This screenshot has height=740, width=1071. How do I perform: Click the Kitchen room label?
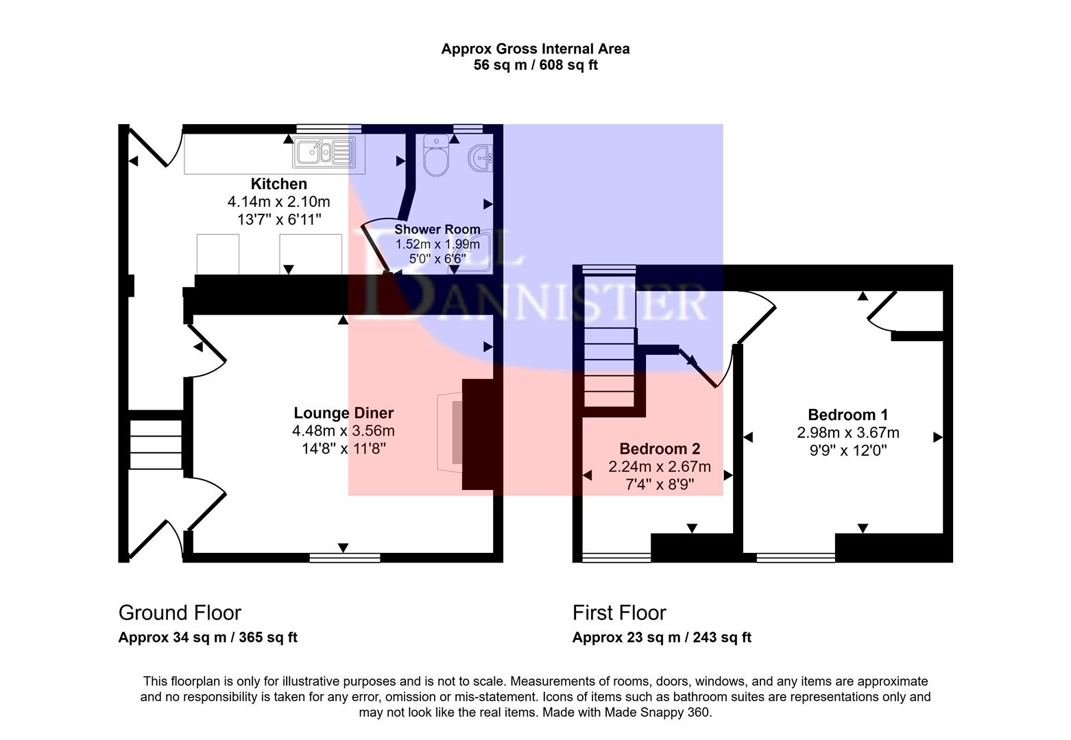click(278, 184)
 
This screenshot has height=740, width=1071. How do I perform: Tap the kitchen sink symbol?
click(322, 151)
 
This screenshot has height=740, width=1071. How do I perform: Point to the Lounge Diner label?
click(344, 413)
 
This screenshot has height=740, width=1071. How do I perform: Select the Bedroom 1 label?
click(847, 415)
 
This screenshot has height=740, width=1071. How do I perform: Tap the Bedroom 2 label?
click(660, 449)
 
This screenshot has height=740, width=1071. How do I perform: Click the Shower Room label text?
click(437, 230)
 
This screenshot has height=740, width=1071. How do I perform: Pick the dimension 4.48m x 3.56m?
click(344, 431)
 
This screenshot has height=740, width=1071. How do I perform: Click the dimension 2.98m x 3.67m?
click(847, 433)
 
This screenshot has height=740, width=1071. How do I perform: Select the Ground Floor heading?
click(180, 613)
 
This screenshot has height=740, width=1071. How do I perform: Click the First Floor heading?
click(619, 613)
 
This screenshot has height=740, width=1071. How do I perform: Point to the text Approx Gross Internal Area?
click(535, 49)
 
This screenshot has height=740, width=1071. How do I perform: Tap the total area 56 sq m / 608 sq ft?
click(535, 66)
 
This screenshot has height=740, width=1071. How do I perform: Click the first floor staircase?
click(609, 356)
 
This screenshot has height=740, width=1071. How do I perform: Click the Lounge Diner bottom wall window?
click(344, 558)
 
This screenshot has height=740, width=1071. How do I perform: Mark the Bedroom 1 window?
click(795, 558)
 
